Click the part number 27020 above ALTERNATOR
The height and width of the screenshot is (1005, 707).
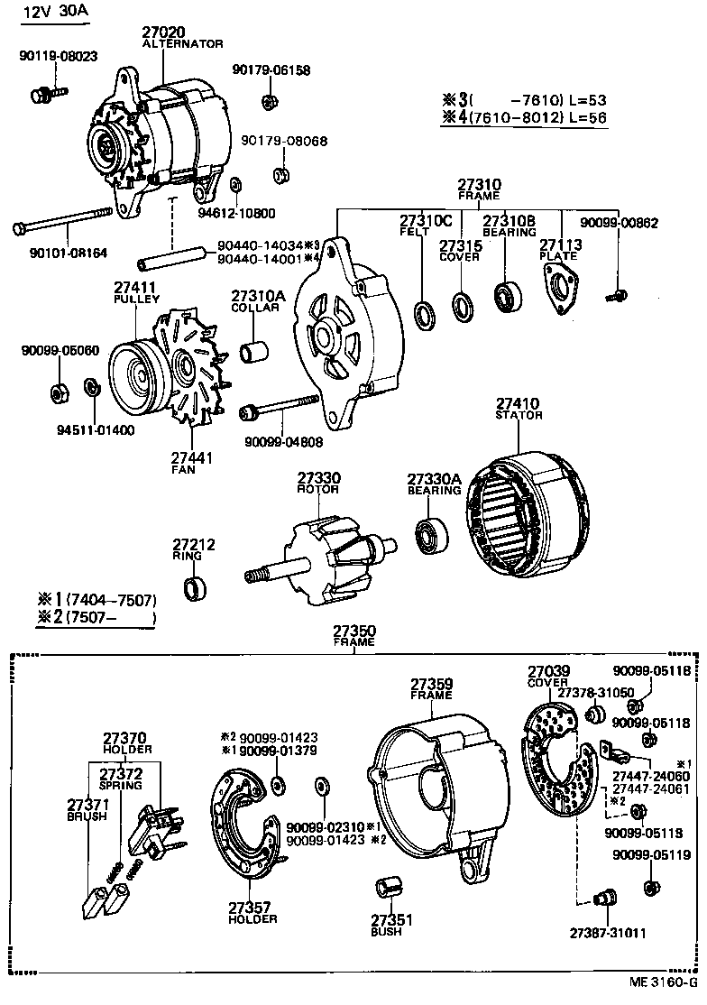167,32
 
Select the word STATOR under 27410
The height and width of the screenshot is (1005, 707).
519,415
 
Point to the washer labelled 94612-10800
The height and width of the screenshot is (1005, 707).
234,185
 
